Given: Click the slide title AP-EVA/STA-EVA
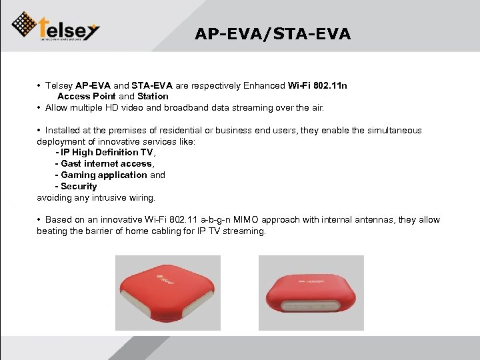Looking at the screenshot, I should pos(273,34).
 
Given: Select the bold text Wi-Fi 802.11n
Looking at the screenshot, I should pos(317,85).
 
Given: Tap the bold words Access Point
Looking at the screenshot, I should pos(87,97).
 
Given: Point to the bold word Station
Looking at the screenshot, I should pos(153,97).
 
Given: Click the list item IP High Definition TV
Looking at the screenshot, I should pos(107,153).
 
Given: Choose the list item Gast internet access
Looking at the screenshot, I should pos(107,164).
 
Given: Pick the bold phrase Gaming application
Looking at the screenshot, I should pos(104,175).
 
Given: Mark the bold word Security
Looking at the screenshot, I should pos(79,187).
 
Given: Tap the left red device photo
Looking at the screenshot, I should pos(168,293).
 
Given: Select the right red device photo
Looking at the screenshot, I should pos(311,293).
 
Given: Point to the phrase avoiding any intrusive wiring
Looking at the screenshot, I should pos(96,198).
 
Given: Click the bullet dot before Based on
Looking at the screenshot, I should pos(40,220).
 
